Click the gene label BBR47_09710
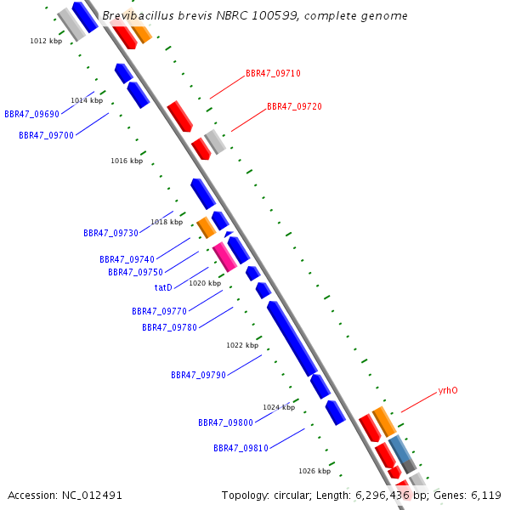coord(273,73)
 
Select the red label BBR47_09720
coord(294,106)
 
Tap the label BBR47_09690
coord(31,114)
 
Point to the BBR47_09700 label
coord(46,135)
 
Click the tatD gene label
coord(163,287)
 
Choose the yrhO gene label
coord(448,391)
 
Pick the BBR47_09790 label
coord(198,375)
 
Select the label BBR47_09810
coord(241,448)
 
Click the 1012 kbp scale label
coord(46,41)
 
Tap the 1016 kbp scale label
coord(127,161)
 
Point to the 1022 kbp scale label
coord(242,345)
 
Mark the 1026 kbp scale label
coord(314,470)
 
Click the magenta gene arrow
coord(224,255)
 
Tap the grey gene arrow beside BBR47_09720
coord(215,142)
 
